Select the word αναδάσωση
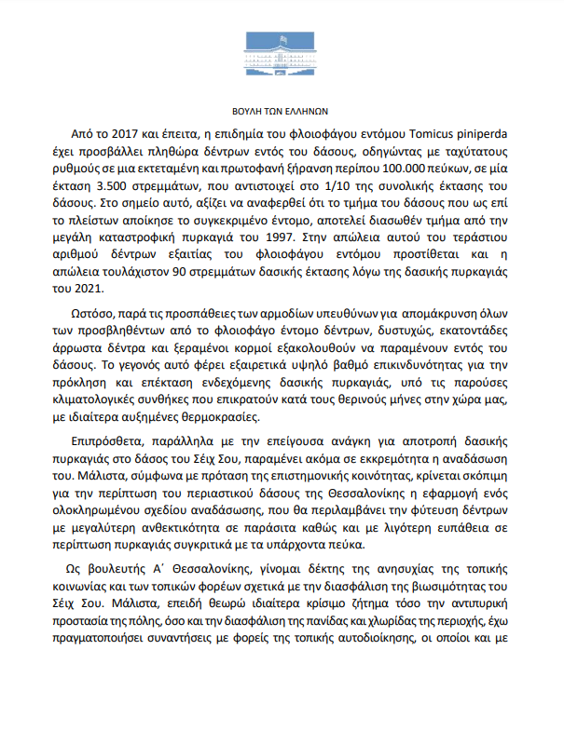[x=475, y=456]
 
